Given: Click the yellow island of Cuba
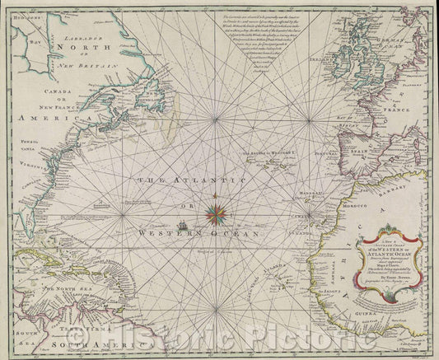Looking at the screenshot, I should coord(45,262).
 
